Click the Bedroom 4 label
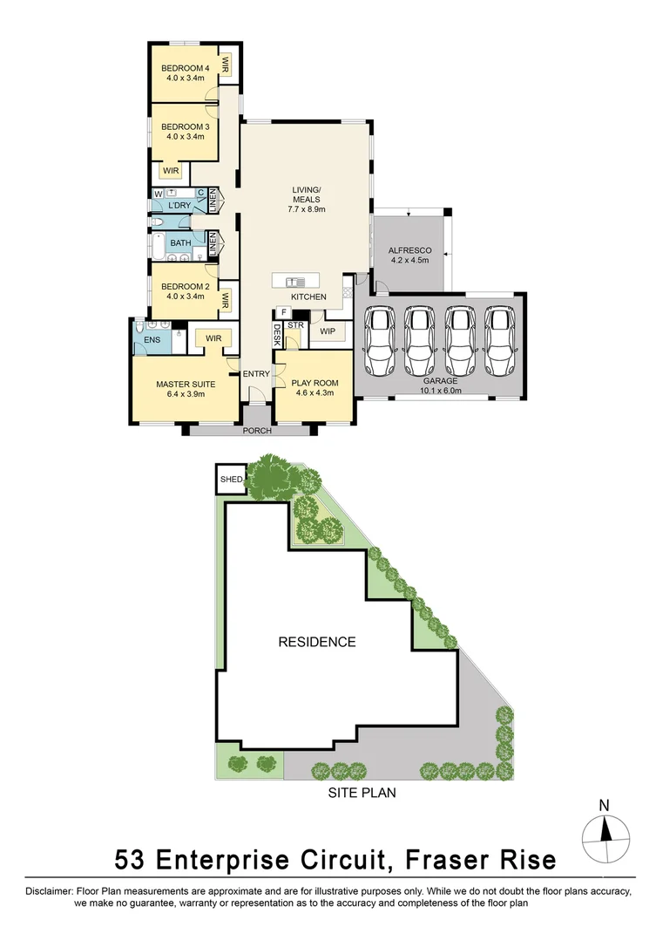[184, 68]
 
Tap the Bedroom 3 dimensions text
[184, 136]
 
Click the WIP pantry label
[327, 331]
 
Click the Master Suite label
[184, 384]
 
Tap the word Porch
[257, 431]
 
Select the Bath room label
[180, 243]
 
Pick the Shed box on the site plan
[231, 479]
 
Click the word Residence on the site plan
[316, 642]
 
